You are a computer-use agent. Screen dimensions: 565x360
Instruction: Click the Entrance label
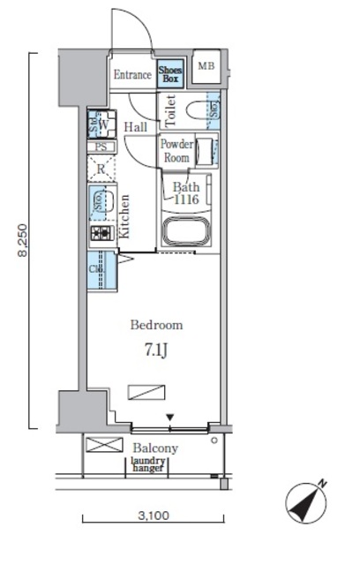[132, 75]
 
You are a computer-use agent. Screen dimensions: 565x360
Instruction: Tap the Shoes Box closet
[169, 74]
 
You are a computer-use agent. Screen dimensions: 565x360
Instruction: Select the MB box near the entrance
[205, 67]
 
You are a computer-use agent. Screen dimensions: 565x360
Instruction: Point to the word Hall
[136, 128]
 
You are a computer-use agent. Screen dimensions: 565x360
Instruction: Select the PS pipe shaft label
[101, 147]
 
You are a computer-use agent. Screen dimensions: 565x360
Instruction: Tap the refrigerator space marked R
[102, 168]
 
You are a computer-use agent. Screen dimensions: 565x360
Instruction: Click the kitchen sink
[102, 203]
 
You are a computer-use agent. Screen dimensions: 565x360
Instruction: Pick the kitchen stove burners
[100, 234]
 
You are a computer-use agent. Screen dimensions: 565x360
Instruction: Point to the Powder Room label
[175, 151]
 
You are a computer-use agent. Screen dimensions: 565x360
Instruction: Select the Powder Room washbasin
[205, 152]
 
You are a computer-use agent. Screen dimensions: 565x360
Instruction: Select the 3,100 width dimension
[153, 516]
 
